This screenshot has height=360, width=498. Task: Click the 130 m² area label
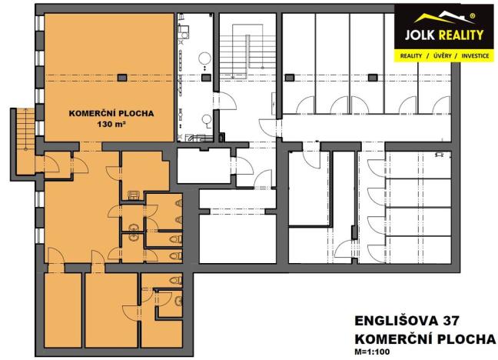111,124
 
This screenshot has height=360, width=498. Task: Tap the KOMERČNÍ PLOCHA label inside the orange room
111,113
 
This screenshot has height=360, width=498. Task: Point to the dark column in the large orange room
123,75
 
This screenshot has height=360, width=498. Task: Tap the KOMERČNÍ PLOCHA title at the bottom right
423,338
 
